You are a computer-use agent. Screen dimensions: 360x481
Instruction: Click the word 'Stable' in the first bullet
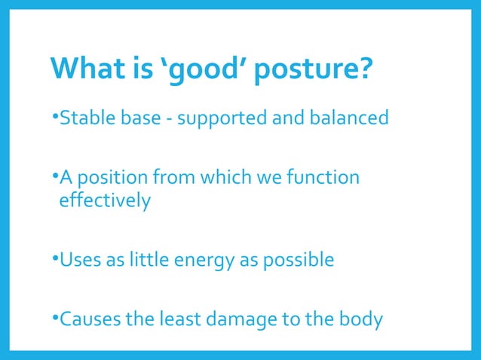pyautogui.click(x=83, y=118)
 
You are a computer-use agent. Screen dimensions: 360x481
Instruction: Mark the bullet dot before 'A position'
pyautogui.click(x=55, y=177)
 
